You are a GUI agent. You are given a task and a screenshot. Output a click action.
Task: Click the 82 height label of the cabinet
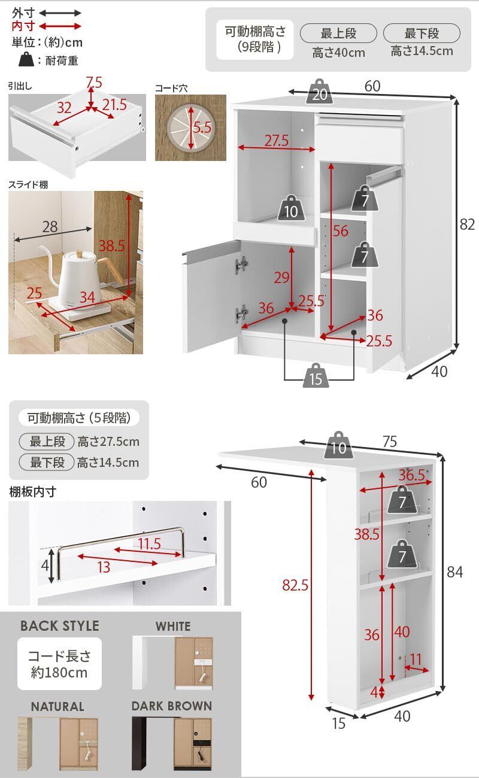pos(467,224)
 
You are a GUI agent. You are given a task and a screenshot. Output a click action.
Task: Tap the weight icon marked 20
pos(320,92)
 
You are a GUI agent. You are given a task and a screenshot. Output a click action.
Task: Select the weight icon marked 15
pos(316,378)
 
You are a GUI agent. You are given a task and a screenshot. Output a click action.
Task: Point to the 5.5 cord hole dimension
pos(203,127)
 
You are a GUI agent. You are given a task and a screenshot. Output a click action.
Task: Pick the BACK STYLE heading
pos(60,626)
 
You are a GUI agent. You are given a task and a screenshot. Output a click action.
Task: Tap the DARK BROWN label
pos(172,706)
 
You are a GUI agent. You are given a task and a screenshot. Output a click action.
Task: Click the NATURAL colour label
pos(57,707)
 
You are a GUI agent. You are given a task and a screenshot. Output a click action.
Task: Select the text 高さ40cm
pos(338,53)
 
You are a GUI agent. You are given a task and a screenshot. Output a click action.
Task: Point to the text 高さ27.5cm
pos(108,442)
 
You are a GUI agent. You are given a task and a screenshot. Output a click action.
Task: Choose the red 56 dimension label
pos(340,231)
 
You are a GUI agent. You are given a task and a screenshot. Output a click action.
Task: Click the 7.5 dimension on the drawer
pos(94,81)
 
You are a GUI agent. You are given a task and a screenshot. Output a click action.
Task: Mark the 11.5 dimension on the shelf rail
pos(150,544)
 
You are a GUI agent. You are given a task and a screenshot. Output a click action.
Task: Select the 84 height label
pos(455,573)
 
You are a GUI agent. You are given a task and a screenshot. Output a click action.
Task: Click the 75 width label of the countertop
pos(389,442)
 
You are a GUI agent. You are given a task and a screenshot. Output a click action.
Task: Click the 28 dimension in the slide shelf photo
pos(50,227)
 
